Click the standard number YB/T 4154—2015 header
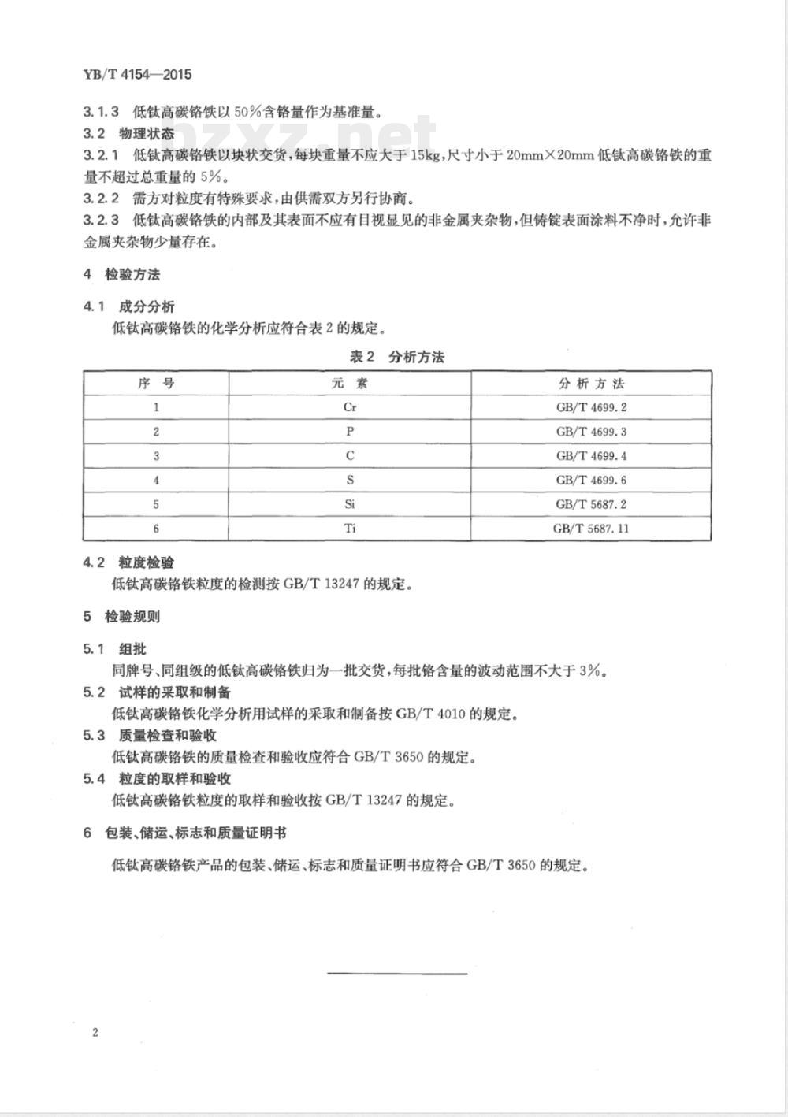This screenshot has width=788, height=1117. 137,76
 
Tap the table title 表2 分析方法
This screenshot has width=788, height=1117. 397,357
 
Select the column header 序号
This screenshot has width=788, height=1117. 156,384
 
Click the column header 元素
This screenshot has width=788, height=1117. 350,384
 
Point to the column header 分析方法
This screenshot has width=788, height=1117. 591,384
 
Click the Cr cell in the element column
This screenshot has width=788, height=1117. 350,407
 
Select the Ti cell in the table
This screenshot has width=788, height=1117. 350,528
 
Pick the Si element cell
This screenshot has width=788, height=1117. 350,504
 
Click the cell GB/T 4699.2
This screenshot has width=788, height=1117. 591,407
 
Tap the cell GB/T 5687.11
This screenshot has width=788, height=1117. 591,528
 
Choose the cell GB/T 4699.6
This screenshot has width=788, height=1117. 591,480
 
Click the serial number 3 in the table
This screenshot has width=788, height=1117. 156,456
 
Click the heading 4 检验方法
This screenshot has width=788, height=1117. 122,274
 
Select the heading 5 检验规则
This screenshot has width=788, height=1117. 122,616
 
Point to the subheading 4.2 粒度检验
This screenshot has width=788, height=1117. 129,562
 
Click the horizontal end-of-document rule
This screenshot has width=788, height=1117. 397,974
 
